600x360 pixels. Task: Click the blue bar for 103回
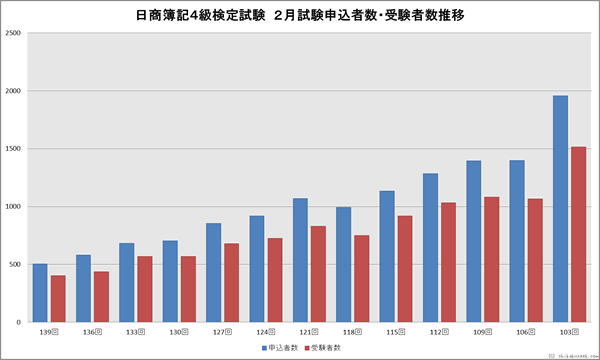point(560,209)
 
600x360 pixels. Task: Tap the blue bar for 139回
point(40,293)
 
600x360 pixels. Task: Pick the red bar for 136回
point(101,297)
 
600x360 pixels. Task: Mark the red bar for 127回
point(231,283)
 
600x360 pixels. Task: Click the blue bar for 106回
point(517,241)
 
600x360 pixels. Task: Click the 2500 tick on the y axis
point(13,33)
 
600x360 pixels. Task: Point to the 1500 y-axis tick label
point(13,149)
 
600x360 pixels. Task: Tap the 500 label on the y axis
point(15,265)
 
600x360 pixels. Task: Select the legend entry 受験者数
point(326,347)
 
